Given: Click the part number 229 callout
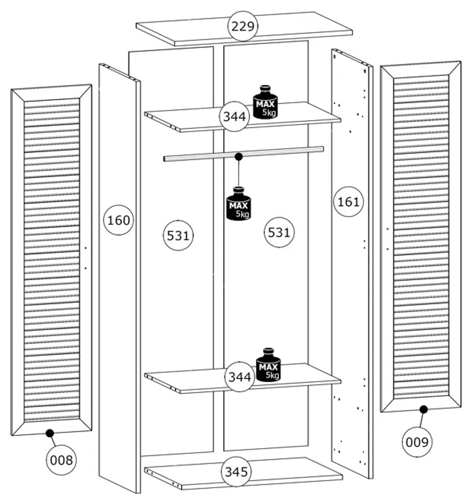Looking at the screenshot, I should [242, 26].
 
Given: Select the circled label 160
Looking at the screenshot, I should [118, 220].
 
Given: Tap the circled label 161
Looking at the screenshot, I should [348, 201].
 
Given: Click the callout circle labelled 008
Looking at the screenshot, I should [62, 460].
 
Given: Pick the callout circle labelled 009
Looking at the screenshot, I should [417, 441].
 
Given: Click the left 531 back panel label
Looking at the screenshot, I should [178, 235].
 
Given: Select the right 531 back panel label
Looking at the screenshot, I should [279, 233].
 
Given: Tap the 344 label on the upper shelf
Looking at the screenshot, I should [235, 116].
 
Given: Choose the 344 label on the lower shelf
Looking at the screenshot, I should [240, 376].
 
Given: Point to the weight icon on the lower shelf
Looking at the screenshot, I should [268, 365].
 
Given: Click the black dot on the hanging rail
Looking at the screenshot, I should [238, 156].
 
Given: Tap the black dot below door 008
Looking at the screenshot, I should [49, 433].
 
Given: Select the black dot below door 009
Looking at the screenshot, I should [424, 410].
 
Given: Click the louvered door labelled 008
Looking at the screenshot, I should [51, 261].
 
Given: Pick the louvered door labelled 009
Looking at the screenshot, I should [421, 236].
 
